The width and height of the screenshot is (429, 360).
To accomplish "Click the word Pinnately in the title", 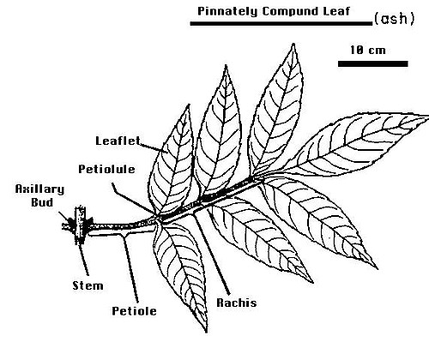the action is [x=228, y=12].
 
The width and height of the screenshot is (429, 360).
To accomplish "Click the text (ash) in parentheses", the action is [x=395, y=19].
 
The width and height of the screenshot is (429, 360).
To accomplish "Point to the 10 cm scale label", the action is [x=368, y=50].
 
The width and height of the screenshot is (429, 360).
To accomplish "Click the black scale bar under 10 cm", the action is [x=373, y=63].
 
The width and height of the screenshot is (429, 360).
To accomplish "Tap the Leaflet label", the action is [x=118, y=141].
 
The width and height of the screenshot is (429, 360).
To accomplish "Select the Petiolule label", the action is [x=106, y=169].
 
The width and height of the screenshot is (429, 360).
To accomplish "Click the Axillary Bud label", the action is [x=39, y=195].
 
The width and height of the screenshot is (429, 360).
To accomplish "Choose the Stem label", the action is [x=88, y=285].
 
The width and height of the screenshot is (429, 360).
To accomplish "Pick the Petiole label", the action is [x=134, y=311].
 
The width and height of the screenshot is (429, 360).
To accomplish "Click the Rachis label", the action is [x=237, y=303].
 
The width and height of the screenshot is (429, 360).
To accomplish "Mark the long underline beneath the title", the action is [x=281, y=23].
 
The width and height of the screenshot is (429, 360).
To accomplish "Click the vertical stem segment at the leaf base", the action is [x=81, y=225].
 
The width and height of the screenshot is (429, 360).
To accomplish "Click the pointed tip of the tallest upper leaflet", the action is [x=293, y=45].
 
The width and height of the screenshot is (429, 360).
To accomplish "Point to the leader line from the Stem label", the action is [x=84, y=260].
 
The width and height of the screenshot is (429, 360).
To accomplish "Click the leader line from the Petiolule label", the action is [x=134, y=200].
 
